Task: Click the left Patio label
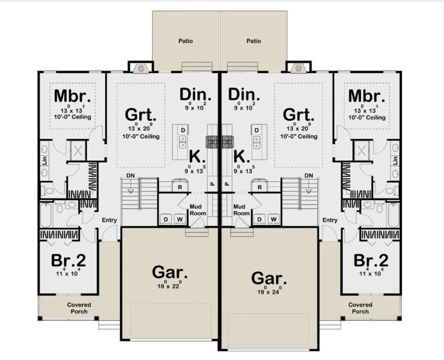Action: [186, 41]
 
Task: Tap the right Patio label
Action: [253, 41]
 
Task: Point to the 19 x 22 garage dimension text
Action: [169, 285]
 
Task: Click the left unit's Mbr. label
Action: [72, 96]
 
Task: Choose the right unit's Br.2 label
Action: [371, 260]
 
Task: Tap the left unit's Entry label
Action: [109, 220]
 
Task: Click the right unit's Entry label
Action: [330, 220]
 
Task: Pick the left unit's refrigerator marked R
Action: [180, 185]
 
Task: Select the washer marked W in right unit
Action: [273, 219]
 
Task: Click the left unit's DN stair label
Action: [131, 176]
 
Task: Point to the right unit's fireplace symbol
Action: [298, 68]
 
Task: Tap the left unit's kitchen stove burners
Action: [212, 142]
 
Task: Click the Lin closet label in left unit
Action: [45, 161]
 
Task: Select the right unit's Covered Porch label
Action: [360, 308]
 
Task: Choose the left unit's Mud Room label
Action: [198, 210]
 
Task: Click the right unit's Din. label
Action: [244, 94]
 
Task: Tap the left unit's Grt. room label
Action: [141, 115]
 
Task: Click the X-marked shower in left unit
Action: [78, 150]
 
